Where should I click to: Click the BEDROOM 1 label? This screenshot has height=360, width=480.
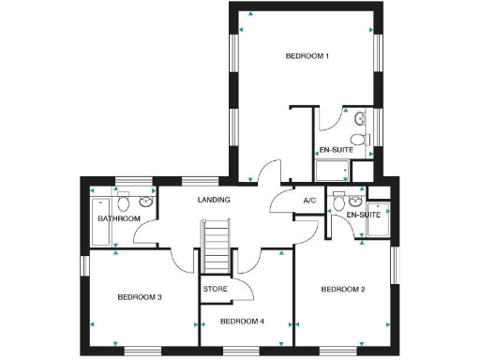tap(307, 57)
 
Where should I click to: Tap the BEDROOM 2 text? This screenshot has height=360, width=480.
tap(343, 290)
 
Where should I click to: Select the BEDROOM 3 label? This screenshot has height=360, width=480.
tap(140, 297)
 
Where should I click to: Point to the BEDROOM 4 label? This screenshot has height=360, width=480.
tap(242, 322)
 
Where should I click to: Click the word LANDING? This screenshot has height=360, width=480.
tap(214, 200)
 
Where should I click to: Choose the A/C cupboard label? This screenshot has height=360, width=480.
tap(308, 201)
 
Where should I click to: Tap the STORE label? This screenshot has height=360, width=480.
tap(215, 289)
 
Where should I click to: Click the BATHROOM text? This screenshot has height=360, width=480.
tap(119, 218)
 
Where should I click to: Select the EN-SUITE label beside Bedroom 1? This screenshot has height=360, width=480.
tap(335, 150)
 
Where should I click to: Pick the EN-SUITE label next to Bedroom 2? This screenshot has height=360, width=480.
tap(363, 216)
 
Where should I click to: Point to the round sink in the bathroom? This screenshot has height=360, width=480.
tap(146, 202)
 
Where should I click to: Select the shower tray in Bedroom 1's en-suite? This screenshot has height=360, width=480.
tap(332, 171)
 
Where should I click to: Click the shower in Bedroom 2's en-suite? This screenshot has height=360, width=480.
tap(379, 217)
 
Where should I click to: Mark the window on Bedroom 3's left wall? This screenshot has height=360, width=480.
tap(83, 266)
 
